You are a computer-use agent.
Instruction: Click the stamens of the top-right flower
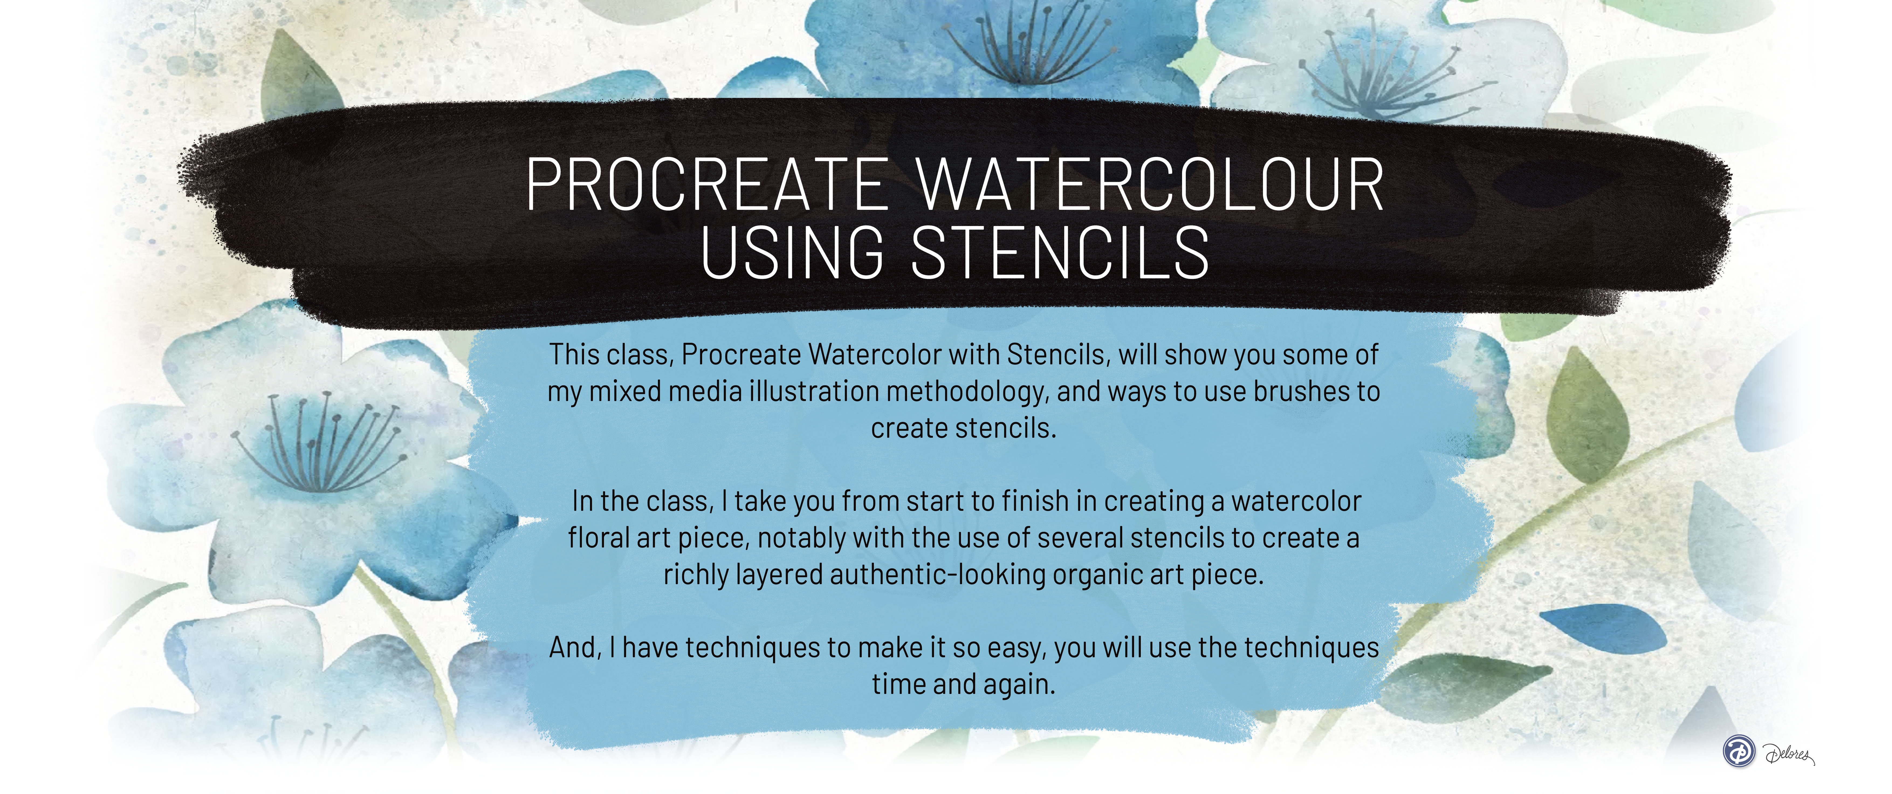coord(1381,77)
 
